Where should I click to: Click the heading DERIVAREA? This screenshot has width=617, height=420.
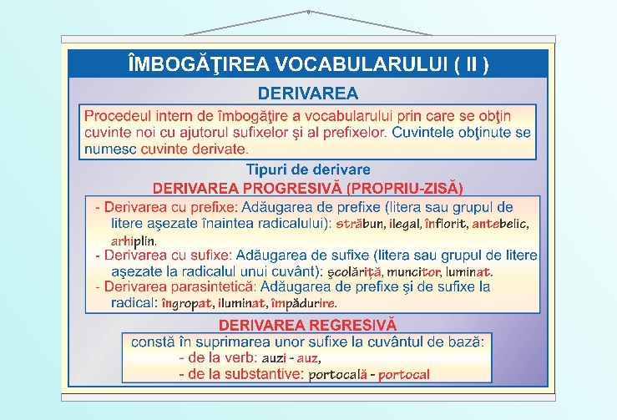pyautogui.click(x=308, y=92)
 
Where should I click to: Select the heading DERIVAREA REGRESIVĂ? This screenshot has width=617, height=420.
pyautogui.click(x=307, y=325)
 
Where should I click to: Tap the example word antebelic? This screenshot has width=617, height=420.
pyautogui.click(x=500, y=225)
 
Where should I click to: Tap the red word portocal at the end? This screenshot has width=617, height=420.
pyautogui.click(x=404, y=375)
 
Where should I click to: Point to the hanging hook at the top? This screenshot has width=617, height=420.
pyautogui.click(x=308, y=13)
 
